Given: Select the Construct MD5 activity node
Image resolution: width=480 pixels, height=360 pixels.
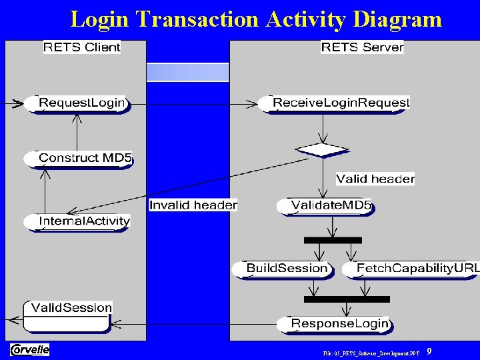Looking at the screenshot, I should [79, 159].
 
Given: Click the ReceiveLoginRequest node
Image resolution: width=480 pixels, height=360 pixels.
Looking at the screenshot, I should [335, 103].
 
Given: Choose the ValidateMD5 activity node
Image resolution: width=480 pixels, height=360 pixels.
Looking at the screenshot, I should [326, 206].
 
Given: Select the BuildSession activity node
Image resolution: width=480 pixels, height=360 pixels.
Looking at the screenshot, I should [283, 269].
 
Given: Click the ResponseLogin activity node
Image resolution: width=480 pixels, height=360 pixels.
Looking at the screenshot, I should [334, 324].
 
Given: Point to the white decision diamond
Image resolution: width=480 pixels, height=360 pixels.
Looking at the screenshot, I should [323, 150].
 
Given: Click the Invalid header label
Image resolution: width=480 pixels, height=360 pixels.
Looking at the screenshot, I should [193, 205].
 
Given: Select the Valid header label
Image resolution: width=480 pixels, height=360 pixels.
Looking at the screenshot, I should [375, 179].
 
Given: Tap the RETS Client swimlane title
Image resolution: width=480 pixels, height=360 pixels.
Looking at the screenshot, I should [82, 47].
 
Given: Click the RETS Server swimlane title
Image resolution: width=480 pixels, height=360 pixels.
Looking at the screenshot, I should [362, 47].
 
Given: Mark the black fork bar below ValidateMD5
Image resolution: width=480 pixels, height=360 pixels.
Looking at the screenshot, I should [332, 240].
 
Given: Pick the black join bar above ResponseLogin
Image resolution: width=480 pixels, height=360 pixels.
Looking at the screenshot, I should [346, 299].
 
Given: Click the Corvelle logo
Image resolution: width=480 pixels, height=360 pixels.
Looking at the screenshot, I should [29, 349].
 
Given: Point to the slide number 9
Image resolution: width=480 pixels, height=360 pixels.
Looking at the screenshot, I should [429, 351].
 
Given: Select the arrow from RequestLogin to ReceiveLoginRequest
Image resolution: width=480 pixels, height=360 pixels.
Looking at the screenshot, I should [193, 104].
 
